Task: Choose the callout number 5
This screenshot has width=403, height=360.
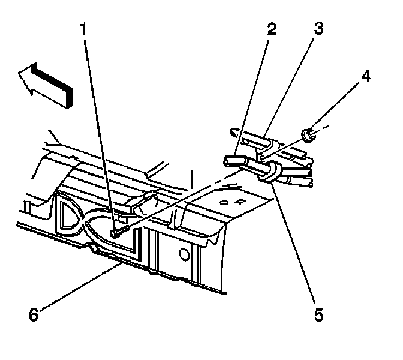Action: (x=318, y=313)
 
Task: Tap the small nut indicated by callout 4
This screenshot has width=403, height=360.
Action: (x=308, y=136)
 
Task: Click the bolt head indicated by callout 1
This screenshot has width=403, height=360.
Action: (x=116, y=232)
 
